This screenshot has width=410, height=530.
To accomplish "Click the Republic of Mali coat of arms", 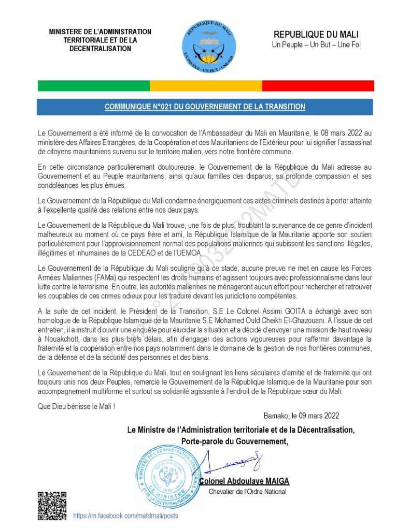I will coord(209,46).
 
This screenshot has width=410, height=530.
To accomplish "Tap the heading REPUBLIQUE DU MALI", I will coord(316,35).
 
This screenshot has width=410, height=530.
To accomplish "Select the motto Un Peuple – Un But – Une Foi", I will coord(316,45).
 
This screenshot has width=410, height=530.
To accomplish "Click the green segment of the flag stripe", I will coord(94,86).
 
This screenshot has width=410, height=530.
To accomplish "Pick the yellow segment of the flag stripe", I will coord(206,86).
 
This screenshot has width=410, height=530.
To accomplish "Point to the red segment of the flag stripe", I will coord(318,86).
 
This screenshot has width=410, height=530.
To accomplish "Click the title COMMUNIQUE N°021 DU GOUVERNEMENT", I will coord(205,107).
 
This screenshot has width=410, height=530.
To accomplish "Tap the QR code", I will coord(52,505).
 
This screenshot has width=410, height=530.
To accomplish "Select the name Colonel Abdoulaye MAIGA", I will coord(245,481).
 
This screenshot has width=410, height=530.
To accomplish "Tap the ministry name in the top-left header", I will coord(100,40).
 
